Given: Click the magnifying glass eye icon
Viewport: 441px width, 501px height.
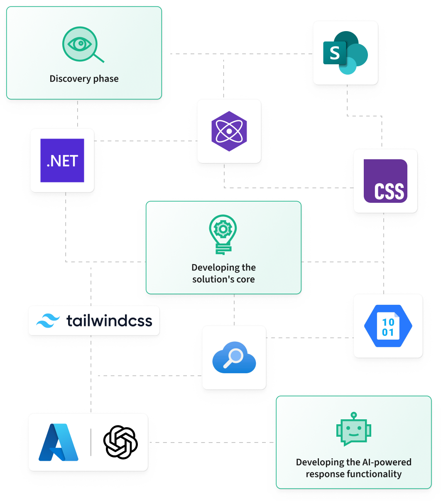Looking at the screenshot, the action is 83,44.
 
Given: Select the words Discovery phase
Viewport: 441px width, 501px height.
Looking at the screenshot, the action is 84,79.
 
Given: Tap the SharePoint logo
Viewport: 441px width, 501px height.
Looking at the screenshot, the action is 345,53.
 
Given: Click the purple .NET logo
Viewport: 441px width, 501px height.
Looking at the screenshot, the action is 62,161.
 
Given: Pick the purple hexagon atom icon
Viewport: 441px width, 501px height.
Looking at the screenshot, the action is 229,131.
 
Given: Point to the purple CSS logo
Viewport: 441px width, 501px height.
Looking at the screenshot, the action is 385,181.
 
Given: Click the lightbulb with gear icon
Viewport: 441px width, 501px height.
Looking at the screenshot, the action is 223,234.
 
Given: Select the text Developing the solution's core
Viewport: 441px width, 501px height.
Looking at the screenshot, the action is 223,273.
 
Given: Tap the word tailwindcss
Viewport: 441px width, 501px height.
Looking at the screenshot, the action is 109,321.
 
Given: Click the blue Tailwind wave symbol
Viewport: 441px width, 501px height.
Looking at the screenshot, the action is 48,321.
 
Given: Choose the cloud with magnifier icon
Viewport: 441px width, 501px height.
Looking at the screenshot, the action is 234,358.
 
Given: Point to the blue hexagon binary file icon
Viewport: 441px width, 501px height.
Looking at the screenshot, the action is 388,326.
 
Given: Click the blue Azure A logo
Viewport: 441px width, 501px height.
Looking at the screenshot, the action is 59,442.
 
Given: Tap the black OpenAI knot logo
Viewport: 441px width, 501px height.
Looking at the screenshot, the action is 120,442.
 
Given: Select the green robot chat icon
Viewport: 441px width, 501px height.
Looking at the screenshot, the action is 354,429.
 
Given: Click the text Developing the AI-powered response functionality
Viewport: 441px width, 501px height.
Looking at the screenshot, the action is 354,468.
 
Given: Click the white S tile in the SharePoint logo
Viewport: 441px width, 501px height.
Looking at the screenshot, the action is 335,53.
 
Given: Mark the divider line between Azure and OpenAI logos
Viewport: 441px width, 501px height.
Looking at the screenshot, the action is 91,442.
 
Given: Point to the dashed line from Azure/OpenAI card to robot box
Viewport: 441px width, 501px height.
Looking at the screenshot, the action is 212,443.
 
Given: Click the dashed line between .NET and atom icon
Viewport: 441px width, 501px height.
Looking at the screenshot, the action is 146,141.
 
